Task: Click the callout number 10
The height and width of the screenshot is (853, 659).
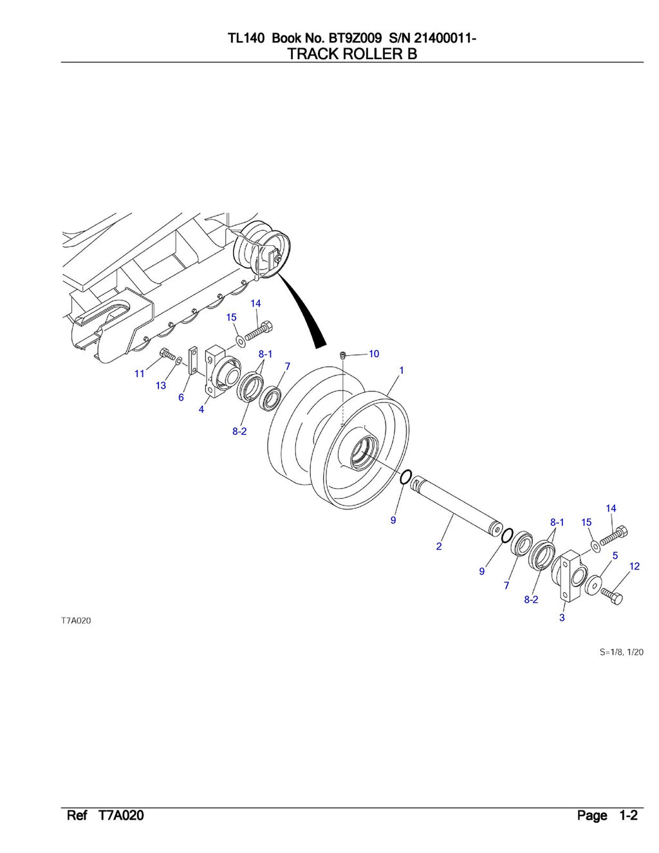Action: (x=374, y=354)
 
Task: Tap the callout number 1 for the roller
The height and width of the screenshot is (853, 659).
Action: (x=402, y=371)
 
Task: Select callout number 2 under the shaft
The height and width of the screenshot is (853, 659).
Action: (x=439, y=546)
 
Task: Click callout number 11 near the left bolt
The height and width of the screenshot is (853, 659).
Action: (x=140, y=374)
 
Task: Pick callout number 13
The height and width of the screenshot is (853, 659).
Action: (x=161, y=385)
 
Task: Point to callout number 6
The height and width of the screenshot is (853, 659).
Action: (x=181, y=398)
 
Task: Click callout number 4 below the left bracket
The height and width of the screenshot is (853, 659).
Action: (x=201, y=409)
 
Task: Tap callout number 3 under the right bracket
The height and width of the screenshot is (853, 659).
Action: (x=562, y=618)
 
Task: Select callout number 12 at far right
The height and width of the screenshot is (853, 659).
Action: (x=635, y=566)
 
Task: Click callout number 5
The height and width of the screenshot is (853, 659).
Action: (x=615, y=555)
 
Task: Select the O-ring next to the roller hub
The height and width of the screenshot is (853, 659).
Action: (x=405, y=477)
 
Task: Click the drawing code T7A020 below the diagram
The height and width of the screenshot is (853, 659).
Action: (x=76, y=621)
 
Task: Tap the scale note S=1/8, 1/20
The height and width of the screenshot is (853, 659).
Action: (x=621, y=652)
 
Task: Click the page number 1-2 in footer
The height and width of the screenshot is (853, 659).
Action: (x=628, y=816)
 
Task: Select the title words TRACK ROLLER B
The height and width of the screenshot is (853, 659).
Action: (x=352, y=54)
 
